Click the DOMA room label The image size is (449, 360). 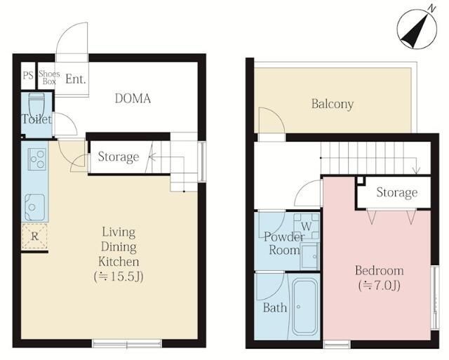coord(133,98)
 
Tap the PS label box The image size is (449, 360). coord(28,76)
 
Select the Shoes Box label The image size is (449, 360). coord(49,77)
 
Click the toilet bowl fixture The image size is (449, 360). coord(36,105)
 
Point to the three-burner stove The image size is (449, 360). coord(37,159)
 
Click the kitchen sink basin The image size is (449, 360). coord(34,207)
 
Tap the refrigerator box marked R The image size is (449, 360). coord(34,236)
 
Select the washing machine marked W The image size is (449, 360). coord(307,226)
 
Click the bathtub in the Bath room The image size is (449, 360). coord(305,307)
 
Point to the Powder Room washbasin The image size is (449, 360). coord(309,255)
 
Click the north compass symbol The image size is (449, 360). coord(417,29)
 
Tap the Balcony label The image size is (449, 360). coord(333,104)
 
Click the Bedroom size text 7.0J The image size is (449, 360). coord(379,286)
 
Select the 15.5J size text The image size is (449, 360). coord(119,276)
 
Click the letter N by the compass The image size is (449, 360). coord(431,9)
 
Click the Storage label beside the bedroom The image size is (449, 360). coord(396,192)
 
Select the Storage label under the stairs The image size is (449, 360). coord(119,157)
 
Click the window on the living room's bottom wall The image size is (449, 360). coord(127,343)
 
